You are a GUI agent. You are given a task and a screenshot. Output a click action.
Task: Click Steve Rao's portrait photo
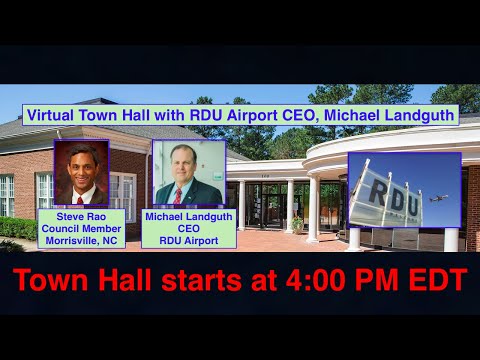(81, 172)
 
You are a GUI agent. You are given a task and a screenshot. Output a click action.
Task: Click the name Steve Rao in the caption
(82, 216)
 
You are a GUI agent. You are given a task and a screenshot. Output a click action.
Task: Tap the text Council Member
(82, 229)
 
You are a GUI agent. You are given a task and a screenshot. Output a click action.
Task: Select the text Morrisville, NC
(82, 241)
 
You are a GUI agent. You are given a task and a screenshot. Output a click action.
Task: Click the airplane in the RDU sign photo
(437, 199)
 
